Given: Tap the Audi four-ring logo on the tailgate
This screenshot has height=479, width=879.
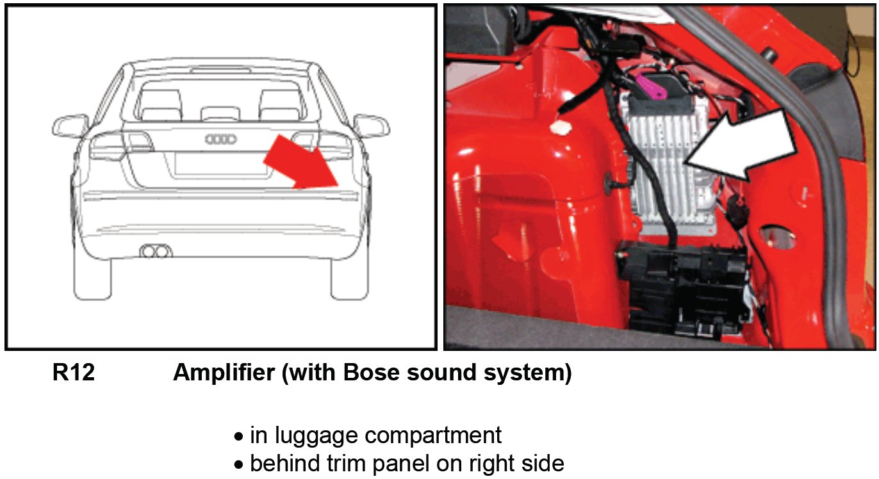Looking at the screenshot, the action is coord(220,139).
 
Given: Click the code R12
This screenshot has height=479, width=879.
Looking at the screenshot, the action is coord(73,373).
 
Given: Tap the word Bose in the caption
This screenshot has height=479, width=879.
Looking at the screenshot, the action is coord(370,373).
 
